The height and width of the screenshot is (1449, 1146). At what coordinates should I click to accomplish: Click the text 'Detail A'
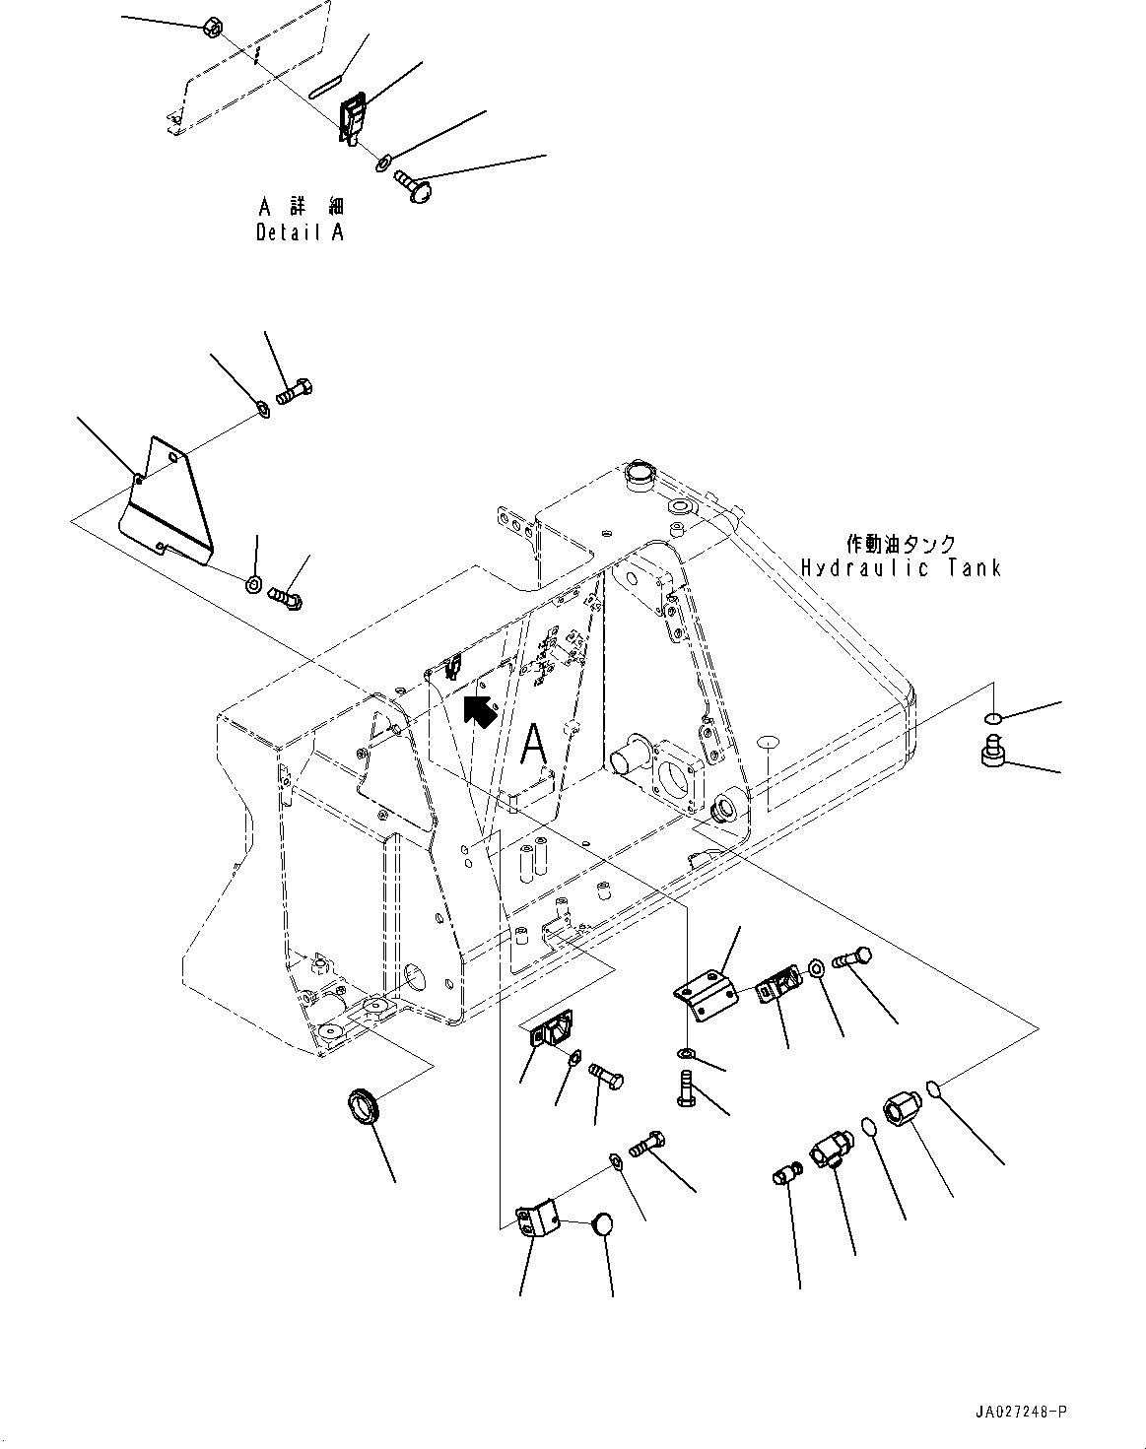(x=301, y=233)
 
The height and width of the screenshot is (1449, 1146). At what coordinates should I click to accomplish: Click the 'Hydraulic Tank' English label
(x=901, y=568)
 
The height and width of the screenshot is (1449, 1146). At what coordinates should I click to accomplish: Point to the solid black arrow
(x=480, y=709)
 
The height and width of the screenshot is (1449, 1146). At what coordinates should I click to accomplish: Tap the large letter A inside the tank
(x=534, y=745)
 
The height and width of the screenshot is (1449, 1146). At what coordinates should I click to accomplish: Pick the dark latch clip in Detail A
(x=354, y=119)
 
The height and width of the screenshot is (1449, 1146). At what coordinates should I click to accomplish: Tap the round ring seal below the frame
(x=367, y=1104)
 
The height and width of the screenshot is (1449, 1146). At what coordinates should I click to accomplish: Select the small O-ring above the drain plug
(x=994, y=718)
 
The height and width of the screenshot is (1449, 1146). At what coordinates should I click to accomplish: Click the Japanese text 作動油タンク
(x=901, y=543)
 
